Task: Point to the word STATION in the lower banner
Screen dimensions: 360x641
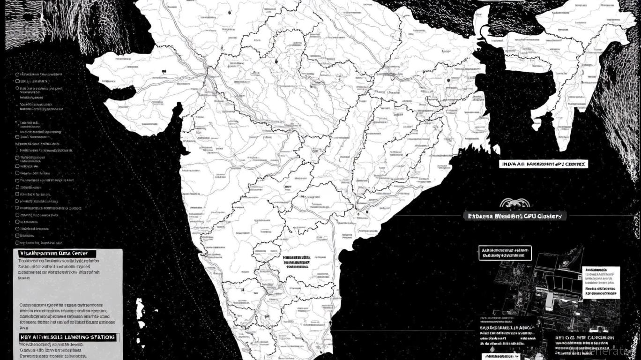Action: click(x=104, y=337)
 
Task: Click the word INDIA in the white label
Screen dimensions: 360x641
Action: click(x=510, y=165)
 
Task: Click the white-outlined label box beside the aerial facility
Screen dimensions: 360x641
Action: click(x=506, y=253)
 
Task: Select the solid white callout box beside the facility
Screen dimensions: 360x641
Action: click(x=601, y=283)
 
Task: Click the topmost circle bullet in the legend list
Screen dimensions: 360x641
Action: click(x=18, y=74)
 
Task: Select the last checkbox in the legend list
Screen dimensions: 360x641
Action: click(x=18, y=243)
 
